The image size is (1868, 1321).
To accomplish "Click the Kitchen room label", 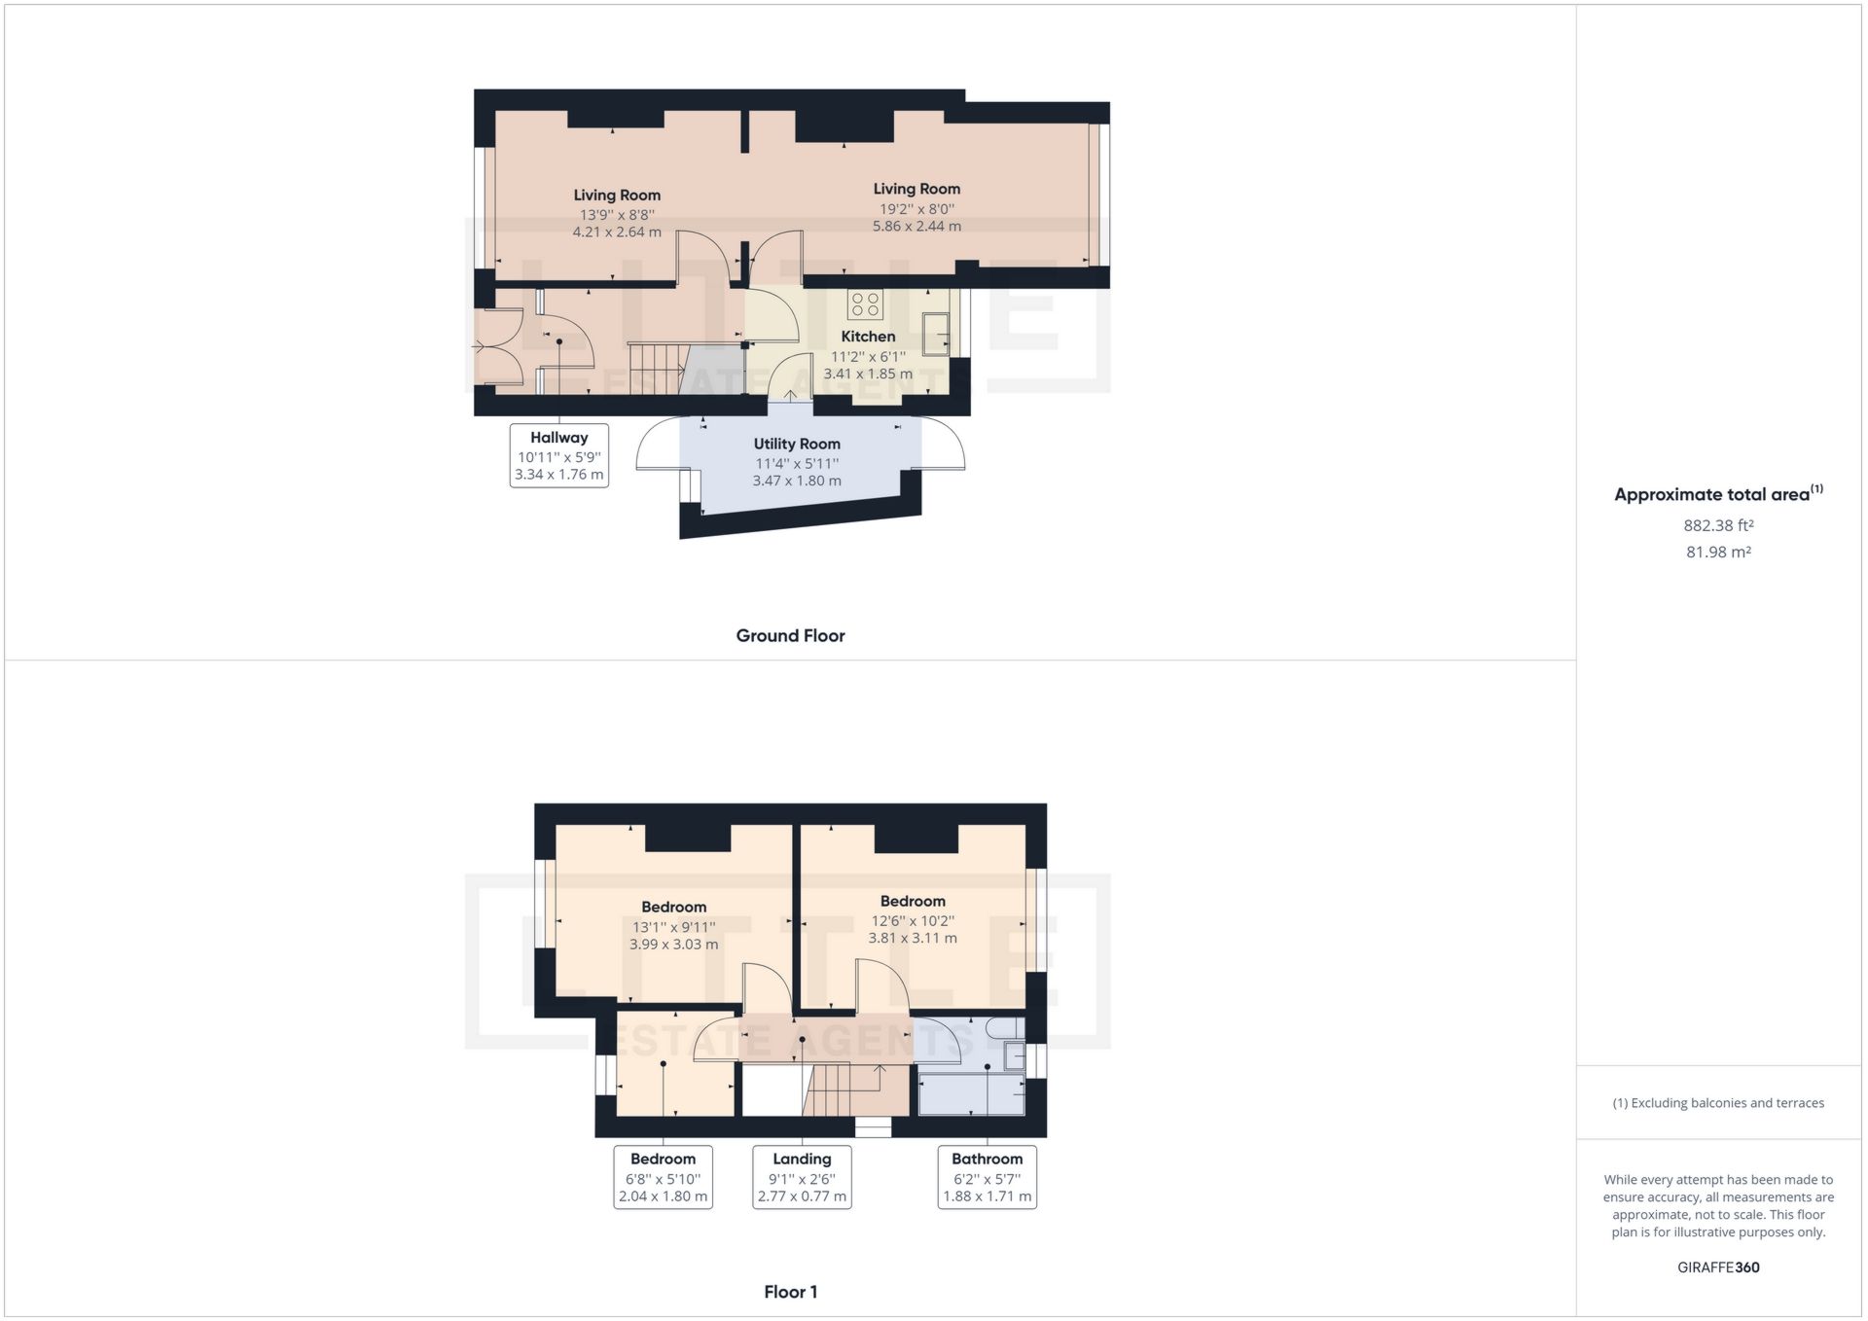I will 868,337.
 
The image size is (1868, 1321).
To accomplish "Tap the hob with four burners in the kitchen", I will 865,304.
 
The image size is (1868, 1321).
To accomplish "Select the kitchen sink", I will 936,334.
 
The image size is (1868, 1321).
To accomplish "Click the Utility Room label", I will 797,444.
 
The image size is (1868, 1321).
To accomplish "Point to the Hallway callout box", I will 559,455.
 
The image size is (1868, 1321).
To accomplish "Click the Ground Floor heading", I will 790,636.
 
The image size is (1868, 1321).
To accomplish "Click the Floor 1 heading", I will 790,1292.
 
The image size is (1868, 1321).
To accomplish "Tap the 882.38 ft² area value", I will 1718,525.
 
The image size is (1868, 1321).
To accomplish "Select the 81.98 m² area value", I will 1718,552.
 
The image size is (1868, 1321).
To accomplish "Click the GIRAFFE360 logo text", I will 1718,1267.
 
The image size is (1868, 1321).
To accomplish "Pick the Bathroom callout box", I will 987,1177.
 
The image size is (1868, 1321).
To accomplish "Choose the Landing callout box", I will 802,1177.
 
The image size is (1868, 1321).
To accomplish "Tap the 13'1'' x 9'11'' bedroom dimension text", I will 673,927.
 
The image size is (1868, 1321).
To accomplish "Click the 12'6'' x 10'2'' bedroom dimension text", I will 913,920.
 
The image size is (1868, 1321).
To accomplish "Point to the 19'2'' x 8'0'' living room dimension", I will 916,208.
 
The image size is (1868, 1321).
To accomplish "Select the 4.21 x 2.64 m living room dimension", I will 617,232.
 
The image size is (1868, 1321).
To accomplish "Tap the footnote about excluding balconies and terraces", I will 1718,1103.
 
